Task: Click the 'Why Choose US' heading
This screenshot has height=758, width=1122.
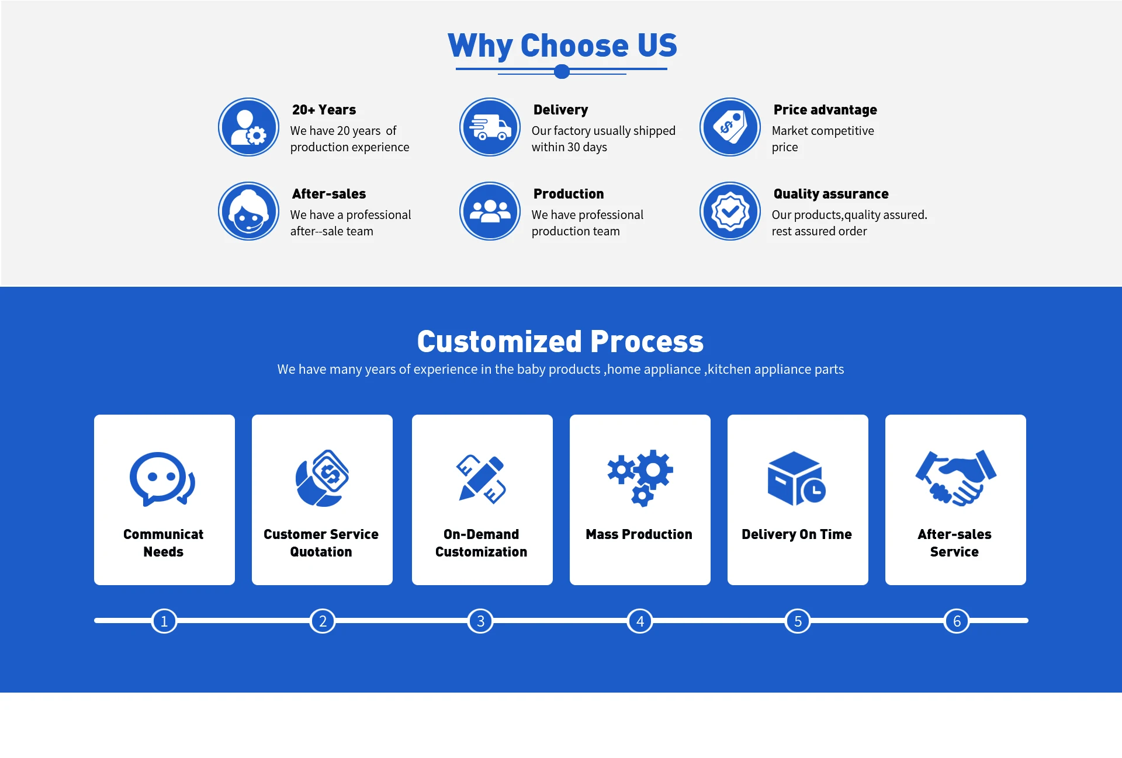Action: click(562, 46)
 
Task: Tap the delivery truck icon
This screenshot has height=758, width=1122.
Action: click(490, 127)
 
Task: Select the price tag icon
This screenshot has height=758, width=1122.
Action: click(730, 127)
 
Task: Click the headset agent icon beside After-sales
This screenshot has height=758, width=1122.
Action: click(249, 211)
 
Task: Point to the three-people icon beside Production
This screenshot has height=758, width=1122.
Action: click(490, 211)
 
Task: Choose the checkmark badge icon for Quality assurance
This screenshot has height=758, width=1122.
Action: click(730, 211)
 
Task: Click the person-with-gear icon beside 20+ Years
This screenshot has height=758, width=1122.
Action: click(249, 127)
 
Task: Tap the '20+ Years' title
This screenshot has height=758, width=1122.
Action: click(324, 110)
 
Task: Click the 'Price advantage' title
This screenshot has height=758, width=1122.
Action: click(825, 110)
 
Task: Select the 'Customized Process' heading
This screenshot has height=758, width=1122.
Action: click(560, 342)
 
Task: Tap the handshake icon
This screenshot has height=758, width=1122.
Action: click(955, 478)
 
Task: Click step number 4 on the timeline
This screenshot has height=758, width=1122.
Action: click(640, 621)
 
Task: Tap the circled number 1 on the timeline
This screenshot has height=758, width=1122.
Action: click(164, 621)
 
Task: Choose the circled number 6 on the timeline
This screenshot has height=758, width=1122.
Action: click(957, 621)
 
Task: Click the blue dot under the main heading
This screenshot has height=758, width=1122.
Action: click(562, 72)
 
